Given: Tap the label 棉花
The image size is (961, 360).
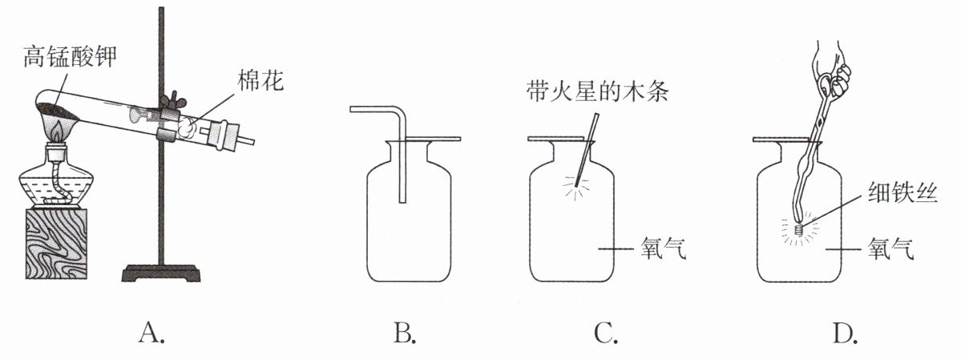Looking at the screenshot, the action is tap(259, 81).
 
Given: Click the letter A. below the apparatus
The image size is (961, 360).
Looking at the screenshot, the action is tap(152, 332).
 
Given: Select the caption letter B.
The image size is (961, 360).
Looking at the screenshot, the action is tap(404, 332).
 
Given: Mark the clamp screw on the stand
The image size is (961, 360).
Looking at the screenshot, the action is tap(170, 101).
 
